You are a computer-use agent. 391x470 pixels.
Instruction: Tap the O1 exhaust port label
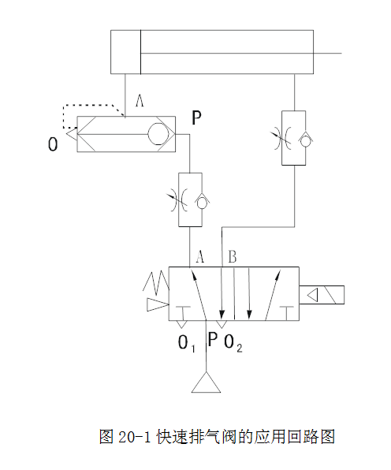coord(187,344)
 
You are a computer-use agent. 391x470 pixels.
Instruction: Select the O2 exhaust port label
coord(233,344)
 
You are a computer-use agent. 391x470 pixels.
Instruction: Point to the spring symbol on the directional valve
coord(156,282)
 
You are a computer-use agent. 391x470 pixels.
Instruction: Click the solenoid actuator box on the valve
coord(322,295)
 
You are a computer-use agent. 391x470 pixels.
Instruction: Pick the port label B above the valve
coord(233,256)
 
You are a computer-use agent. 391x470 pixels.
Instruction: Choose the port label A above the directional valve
coord(200,256)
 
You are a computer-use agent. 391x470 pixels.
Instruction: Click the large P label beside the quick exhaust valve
coord(196,117)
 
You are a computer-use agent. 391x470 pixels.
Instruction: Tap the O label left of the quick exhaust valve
coord(53,144)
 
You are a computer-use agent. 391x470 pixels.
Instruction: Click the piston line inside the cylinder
coord(140,52)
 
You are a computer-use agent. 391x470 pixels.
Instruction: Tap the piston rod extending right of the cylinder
coord(327,54)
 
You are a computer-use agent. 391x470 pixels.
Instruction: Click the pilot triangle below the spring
coord(158,305)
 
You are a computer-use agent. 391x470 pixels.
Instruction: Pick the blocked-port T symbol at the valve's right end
coord(287,313)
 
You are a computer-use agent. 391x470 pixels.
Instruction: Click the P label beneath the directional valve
coord(212,339)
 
